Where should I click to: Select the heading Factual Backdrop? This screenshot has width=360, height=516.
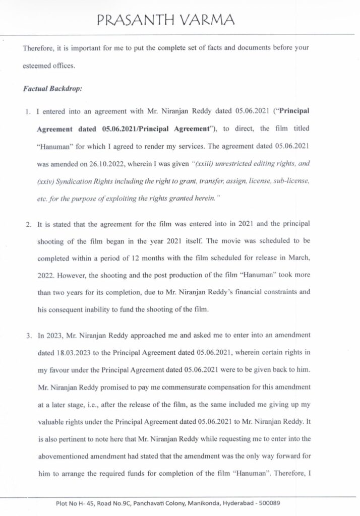(52, 89)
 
